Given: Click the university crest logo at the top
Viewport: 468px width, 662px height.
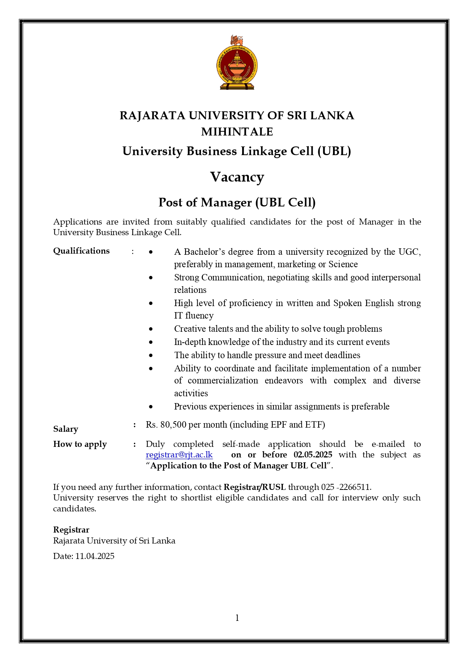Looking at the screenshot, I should [x=237, y=63].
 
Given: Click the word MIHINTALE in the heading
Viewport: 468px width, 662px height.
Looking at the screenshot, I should [x=237, y=132].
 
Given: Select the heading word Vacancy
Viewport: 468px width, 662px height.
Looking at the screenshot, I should [x=237, y=177].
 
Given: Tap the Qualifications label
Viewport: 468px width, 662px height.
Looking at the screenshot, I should [x=81, y=251].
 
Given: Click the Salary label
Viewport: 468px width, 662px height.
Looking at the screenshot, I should [x=66, y=429].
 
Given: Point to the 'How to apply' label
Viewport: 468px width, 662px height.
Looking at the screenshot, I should [x=80, y=444].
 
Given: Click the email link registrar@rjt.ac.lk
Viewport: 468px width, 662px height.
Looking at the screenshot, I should [x=179, y=455].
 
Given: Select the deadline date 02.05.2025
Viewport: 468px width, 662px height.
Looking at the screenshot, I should [x=313, y=455].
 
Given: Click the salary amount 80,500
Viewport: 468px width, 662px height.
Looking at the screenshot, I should [x=173, y=425].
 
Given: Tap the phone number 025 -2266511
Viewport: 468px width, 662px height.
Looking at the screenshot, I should [x=346, y=487].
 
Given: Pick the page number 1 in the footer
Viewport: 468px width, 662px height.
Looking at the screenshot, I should [x=237, y=618].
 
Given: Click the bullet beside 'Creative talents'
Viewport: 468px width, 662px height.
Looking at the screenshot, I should [x=151, y=329].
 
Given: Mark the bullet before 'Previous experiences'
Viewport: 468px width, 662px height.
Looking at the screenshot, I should [x=151, y=407].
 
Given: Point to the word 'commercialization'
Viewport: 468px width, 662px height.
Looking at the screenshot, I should [x=223, y=380].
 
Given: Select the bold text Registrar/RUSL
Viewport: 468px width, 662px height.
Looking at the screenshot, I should [x=255, y=487].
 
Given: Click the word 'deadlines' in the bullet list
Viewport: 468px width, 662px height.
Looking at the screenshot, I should [x=342, y=355].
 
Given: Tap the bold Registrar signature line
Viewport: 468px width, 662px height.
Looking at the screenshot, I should [x=71, y=530].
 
